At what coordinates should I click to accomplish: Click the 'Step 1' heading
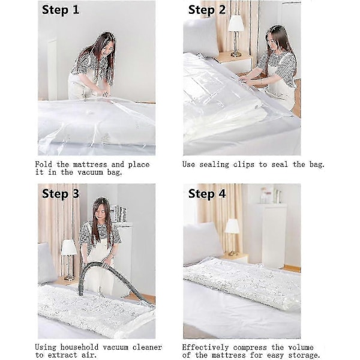click(61, 10)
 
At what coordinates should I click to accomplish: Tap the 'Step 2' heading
click(207, 10)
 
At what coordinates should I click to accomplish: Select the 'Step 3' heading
click(61, 194)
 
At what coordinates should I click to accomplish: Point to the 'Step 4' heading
click(207, 194)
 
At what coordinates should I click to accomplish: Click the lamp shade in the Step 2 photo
click(236, 23)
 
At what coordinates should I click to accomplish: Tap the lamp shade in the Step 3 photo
click(69, 247)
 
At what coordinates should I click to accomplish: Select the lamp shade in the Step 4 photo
click(232, 226)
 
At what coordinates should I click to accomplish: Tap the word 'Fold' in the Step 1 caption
click(44, 164)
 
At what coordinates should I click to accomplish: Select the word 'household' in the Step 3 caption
click(79, 347)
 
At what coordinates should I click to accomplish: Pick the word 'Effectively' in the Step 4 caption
click(205, 347)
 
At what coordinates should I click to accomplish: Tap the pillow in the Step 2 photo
click(200, 37)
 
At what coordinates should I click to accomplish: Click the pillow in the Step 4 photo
click(202, 243)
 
